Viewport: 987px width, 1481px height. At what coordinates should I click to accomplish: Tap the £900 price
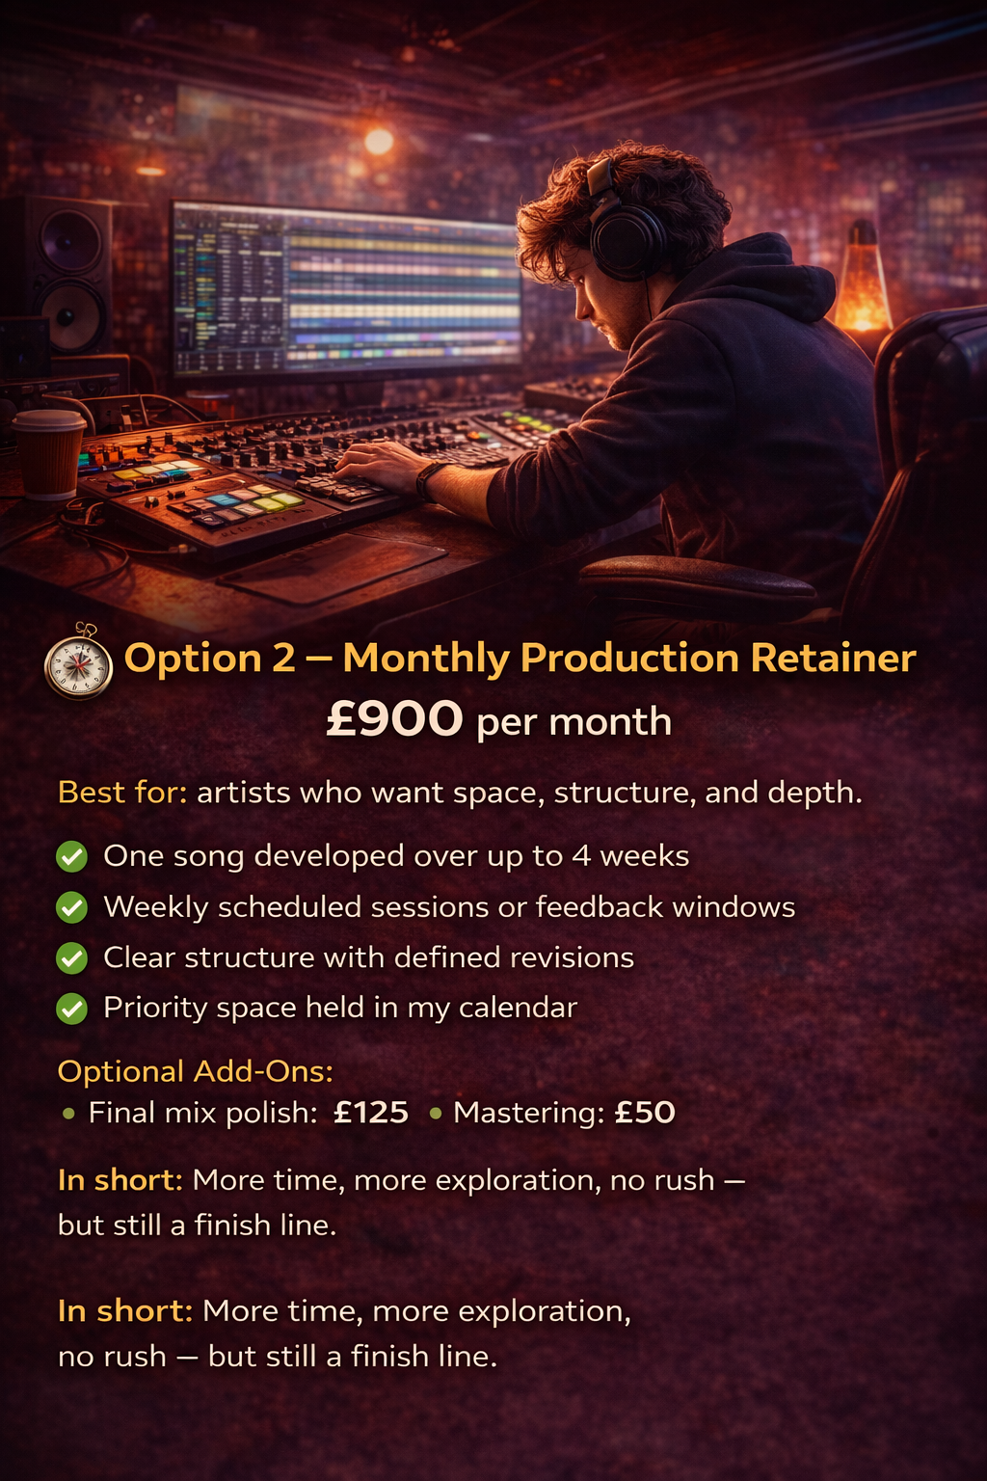tap(394, 719)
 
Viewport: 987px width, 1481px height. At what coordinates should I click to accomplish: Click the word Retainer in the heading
tap(833, 659)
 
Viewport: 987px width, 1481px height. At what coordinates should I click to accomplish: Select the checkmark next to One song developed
tap(72, 856)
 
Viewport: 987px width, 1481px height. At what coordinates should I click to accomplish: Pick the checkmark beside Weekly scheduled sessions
tap(72, 907)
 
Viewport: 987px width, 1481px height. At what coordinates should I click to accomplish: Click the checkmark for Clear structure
tap(72, 957)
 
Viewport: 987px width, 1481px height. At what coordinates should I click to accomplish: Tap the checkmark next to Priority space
tap(72, 1008)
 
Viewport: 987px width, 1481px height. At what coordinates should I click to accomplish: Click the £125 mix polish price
tap(371, 1113)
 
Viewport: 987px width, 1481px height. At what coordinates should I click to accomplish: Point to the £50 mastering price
tap(645, 1113)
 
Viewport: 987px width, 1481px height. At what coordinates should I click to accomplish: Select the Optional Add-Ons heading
tap(195, 1071)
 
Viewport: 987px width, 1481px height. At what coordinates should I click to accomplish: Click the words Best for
tap(121, 793)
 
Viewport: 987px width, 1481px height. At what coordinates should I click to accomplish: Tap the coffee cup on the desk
tap(48, 453)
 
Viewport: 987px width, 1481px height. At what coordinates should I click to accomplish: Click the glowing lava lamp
tap(861, 280)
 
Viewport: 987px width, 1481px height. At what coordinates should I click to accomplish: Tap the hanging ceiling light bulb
tap(379, 142)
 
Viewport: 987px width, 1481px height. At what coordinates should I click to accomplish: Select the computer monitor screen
tap(347, 289)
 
